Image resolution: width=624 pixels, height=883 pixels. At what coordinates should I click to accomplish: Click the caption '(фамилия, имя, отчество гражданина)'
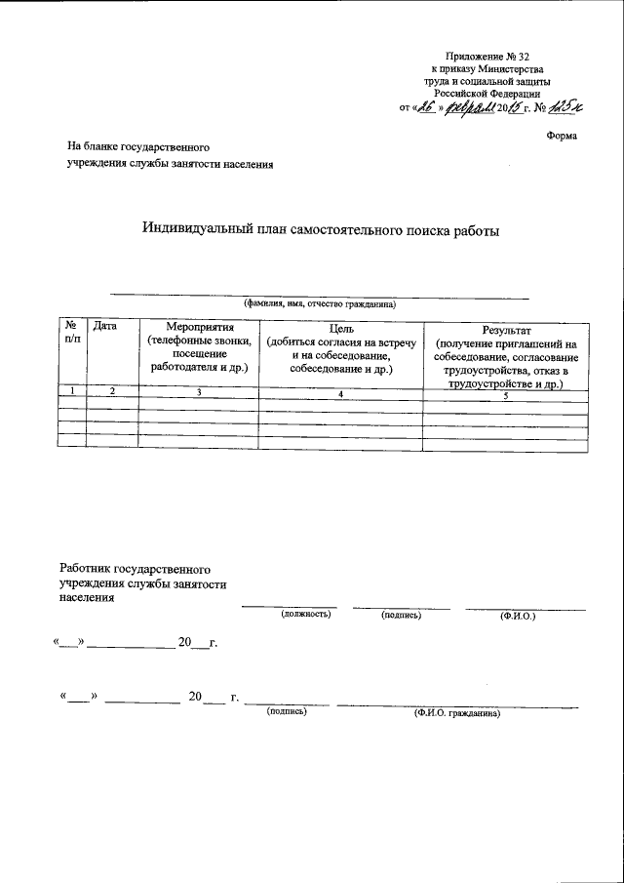pyautogui.click(x=320, y=304)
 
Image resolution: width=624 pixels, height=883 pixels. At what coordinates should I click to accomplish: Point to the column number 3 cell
pyautogui.click(x=199, y=391)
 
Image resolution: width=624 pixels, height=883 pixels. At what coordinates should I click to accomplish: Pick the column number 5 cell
pyautogui.click(x=506, y=395)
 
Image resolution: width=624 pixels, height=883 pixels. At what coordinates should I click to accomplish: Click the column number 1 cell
pyautogui.click(x=72, y=391)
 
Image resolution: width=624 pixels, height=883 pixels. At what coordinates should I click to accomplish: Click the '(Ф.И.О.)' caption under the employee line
pyautogui.click(x=517, y=616)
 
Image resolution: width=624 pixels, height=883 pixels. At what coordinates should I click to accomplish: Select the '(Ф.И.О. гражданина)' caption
pyautogui.click(x=456, y=713)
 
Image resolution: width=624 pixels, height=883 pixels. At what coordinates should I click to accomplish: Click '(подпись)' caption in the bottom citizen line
pyautogui.click(x=287, y=712)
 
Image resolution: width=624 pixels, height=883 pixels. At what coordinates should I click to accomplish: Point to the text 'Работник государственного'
pyautogui.click(x=136, y=567)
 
